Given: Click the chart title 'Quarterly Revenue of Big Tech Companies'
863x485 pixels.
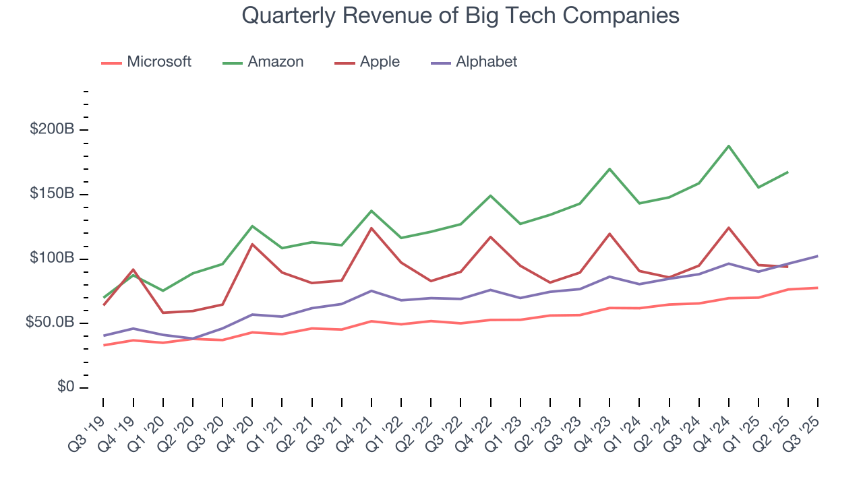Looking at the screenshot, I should click(x=460, y=15).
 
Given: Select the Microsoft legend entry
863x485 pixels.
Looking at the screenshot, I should click(x=146, y=62).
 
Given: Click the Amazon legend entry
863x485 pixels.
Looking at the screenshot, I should click(x=263, y=62).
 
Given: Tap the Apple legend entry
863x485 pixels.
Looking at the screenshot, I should click(x=367, y=62).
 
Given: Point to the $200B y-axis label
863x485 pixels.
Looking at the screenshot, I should click(x=51, y=130).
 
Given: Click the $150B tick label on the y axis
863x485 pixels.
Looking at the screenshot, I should click(x=51, y=195).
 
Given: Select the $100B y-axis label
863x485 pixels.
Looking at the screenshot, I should click(x=51, y=259).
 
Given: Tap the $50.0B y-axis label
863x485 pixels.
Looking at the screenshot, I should click(x=49, y=323).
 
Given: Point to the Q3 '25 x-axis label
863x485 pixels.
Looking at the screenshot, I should click(x=804, y=424).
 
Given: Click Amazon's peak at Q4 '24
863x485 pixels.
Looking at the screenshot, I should click(x=729, y=146).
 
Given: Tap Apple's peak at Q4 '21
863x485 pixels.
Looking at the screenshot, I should click(x=371, y=228).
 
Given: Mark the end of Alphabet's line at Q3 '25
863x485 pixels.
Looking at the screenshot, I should click(x=818, y=256).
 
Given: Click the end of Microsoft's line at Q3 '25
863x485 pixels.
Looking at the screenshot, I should click(x=818, y=288).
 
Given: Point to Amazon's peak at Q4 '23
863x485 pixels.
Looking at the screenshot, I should click(x=609, y=169).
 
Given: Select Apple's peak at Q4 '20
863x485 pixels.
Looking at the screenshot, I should click(x=252, y=245).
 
